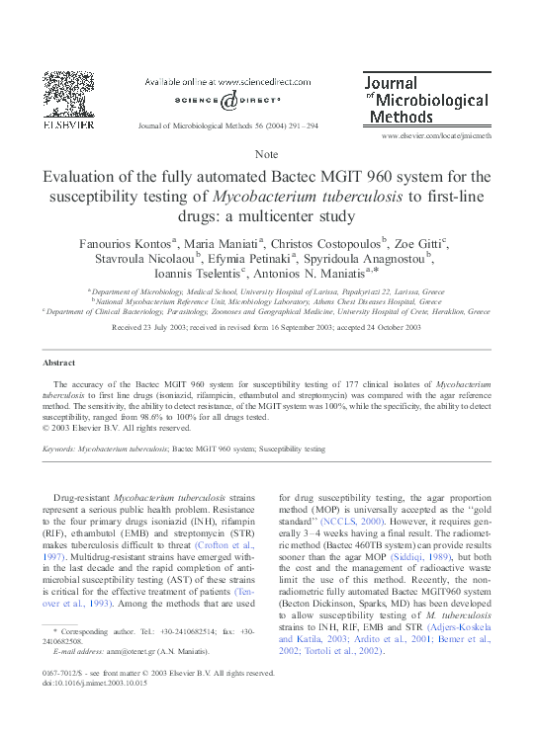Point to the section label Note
tap(267, 155)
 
